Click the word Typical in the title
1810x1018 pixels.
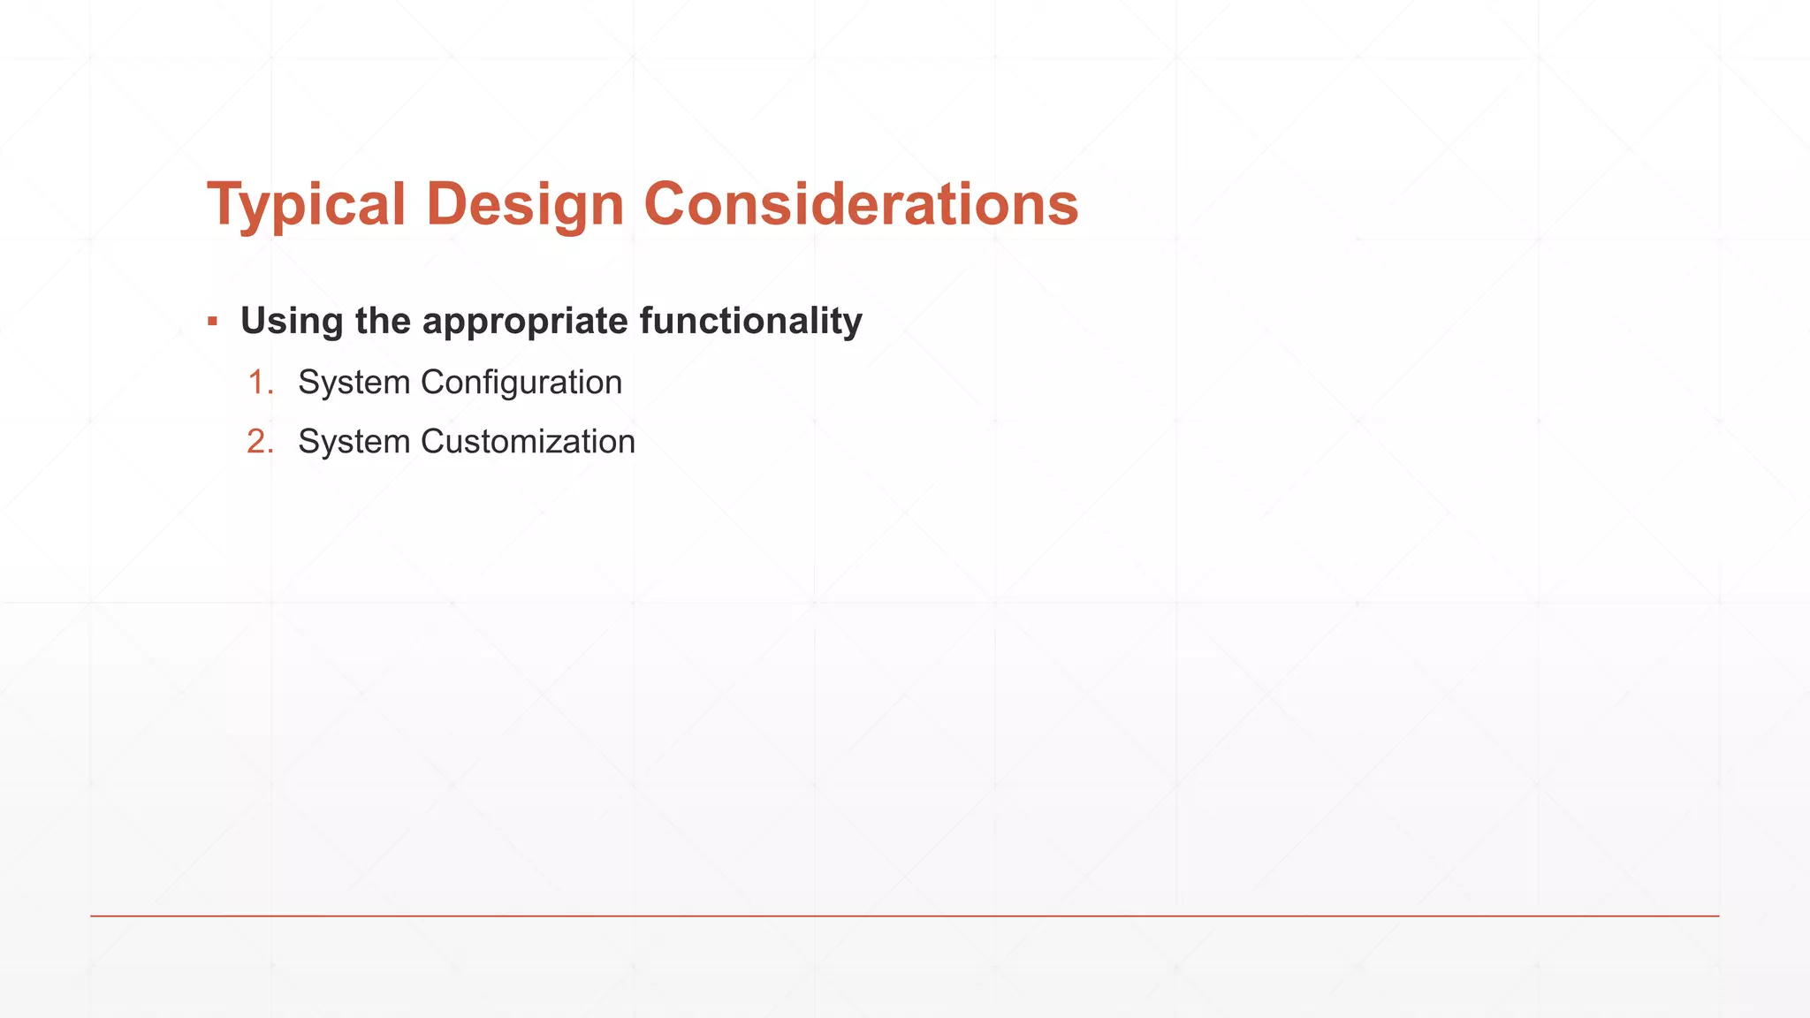pos(306,205)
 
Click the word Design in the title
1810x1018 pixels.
pos(525,205)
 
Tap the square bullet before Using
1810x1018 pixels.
pos(212,321)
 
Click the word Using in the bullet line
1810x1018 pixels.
pos(291,321)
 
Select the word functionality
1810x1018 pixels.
pos(750,321)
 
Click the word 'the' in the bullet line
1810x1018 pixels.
pos(383,321)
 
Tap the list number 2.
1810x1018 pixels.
pos(259,442)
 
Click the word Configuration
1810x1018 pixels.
pos(521,383)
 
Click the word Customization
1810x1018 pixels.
pos(528,442)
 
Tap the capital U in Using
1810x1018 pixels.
pos(255,321)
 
